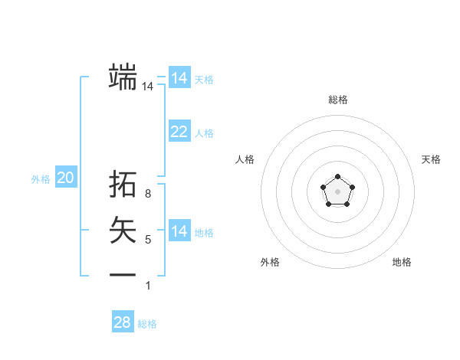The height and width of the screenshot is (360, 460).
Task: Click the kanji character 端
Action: [x=123, y=77]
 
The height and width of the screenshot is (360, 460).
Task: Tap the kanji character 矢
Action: [x=123, y=229]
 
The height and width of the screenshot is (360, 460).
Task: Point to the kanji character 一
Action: [x=123, y=274]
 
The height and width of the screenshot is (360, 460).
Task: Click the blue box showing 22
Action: [x=179, y=132]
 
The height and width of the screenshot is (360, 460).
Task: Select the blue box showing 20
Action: [x=66, y=178]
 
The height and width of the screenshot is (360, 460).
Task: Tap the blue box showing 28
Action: [x=123, y=322]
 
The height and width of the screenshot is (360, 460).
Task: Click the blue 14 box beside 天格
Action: [x=179, y=78]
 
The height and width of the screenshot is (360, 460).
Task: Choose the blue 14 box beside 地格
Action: [x=179, y=231]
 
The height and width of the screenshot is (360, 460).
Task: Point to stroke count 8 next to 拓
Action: [x=148, y=194]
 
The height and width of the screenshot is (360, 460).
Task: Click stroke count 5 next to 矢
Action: [x=148, y=240]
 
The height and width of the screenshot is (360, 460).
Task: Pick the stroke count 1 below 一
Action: [x=148, y=286]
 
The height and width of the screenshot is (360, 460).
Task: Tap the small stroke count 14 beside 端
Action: [x=148, y=87]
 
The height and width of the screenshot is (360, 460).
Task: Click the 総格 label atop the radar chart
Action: [x=337, y=100]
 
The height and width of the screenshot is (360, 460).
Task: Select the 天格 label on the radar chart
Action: [x=431, y=159]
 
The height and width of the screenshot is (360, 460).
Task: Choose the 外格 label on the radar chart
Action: [x=270, y=262]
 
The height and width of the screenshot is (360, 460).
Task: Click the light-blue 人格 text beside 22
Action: [x=204, y=133]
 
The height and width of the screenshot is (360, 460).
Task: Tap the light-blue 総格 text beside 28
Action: [x=147, y=324]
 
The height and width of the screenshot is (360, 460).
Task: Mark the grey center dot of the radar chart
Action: [x=337, y=191]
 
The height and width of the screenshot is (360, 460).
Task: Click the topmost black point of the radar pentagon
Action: [x=337, y=178]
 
